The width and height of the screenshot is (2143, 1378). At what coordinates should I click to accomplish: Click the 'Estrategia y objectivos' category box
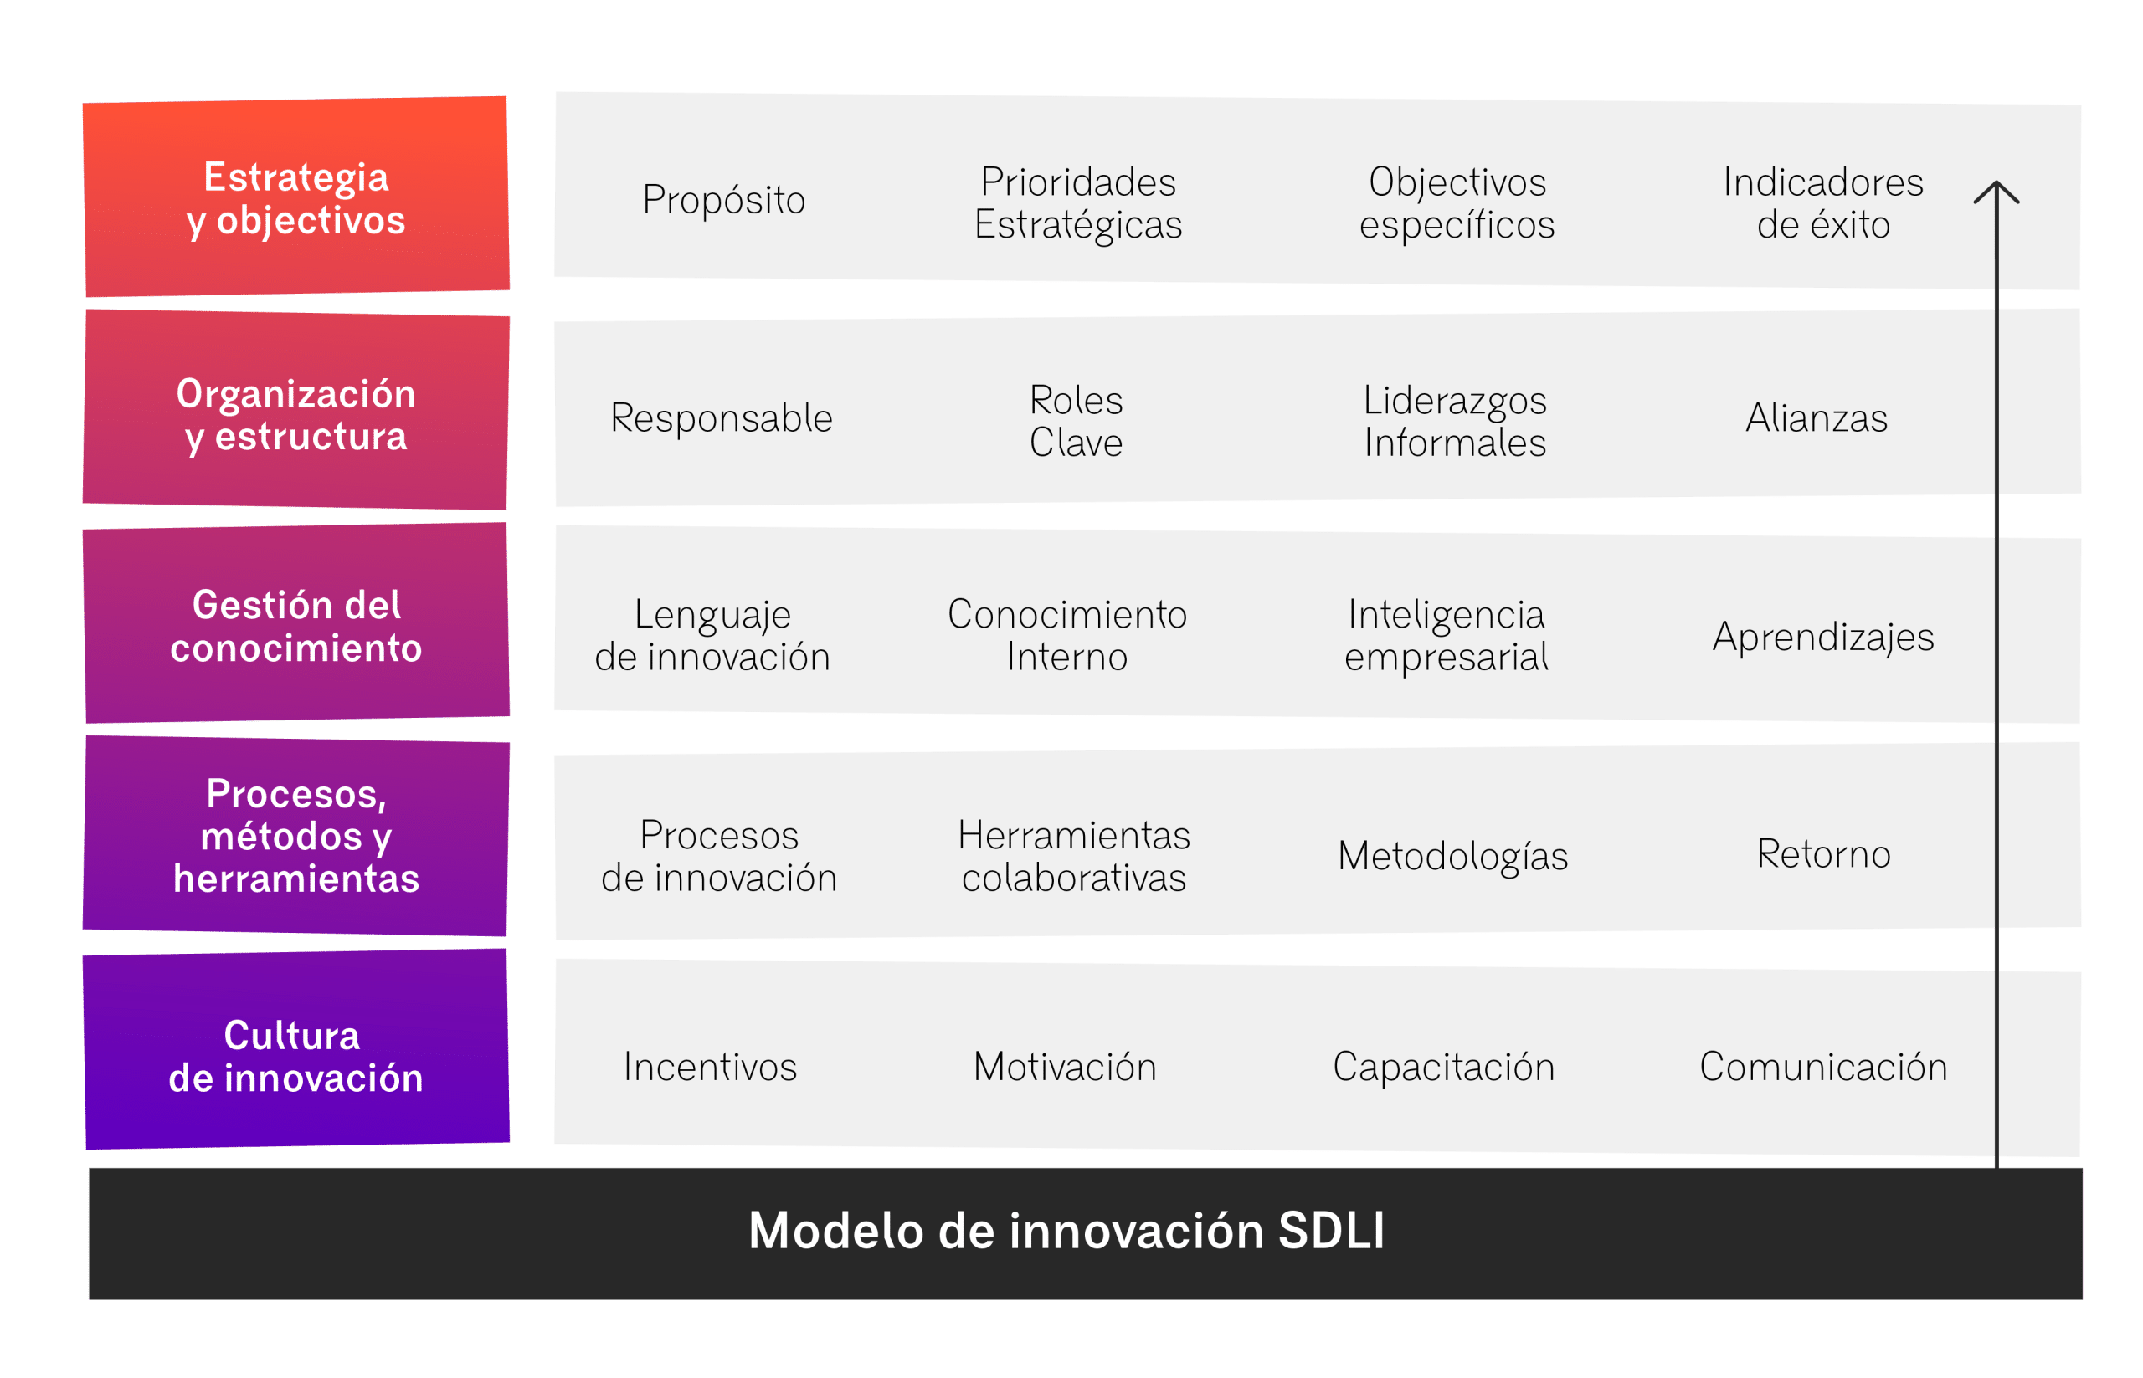(295, 196)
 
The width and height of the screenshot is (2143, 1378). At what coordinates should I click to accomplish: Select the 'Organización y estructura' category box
(295, 410)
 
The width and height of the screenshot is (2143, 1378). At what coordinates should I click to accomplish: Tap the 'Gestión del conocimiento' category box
(295, 622)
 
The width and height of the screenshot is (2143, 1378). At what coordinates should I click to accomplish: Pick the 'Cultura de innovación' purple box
(295, 1048)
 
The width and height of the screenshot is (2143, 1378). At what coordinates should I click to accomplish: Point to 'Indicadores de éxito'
(1822, 203)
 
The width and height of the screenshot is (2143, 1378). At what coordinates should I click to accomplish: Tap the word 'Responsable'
(721, 417)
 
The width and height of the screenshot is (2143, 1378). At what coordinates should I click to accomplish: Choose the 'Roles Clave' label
(1075, 421)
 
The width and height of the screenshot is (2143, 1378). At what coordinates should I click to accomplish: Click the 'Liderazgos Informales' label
(1455, 422)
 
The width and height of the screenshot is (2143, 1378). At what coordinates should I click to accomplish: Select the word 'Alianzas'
(1817, 417)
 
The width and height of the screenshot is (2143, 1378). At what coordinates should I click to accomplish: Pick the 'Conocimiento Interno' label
(1067, 634)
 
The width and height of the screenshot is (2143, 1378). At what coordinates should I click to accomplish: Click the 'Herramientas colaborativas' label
(1073, 855)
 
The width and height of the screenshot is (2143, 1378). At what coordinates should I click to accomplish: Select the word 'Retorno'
(1823, 853)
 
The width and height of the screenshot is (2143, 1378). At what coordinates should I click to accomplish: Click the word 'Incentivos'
(710, 1067)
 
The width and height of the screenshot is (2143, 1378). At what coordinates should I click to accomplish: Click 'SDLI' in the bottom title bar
(1331, 1232)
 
